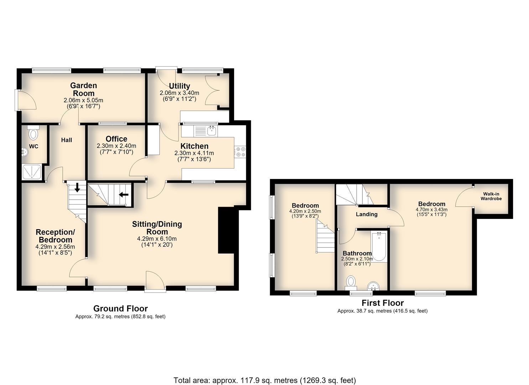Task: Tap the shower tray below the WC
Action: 32,172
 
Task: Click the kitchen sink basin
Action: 212,131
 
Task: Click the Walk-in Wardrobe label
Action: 491,196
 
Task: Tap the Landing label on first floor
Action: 367,214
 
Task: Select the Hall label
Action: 67,140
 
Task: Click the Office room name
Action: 116,139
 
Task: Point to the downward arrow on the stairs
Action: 77,187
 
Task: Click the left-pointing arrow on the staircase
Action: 124,195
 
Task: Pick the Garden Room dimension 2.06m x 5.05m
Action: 83,100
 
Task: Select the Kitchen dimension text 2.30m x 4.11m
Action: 194,153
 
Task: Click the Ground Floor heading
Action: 120,308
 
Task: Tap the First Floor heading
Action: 383,303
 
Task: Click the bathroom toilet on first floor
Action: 351,283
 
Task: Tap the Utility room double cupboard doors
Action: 213,90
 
